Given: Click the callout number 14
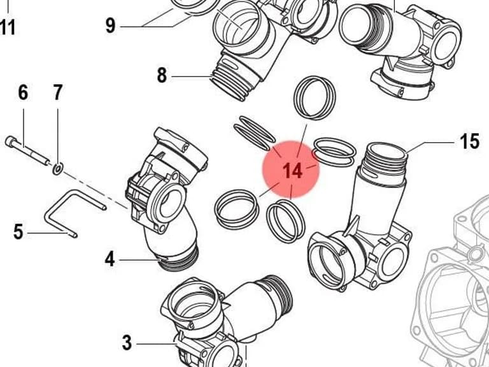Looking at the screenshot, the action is pos(292,171).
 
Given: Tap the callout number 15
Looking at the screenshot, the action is pos(469,141).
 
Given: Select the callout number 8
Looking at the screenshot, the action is pos(162,75).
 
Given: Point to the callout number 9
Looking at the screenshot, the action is pos(110,25).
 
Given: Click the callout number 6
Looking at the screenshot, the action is pos(23,92).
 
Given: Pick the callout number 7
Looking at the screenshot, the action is pos(57,92).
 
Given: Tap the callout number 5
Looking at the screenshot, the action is pos(18,231).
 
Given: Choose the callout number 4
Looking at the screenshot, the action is pos(110,259).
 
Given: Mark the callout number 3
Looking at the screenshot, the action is pos(127,343).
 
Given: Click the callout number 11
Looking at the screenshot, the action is pos(8,27).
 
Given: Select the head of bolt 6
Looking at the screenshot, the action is pos(10,141).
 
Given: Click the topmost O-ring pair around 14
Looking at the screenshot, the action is pos(315,98).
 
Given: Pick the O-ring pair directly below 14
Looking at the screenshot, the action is pos(286,221).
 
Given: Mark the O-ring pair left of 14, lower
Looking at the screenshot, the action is pos(237,210).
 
